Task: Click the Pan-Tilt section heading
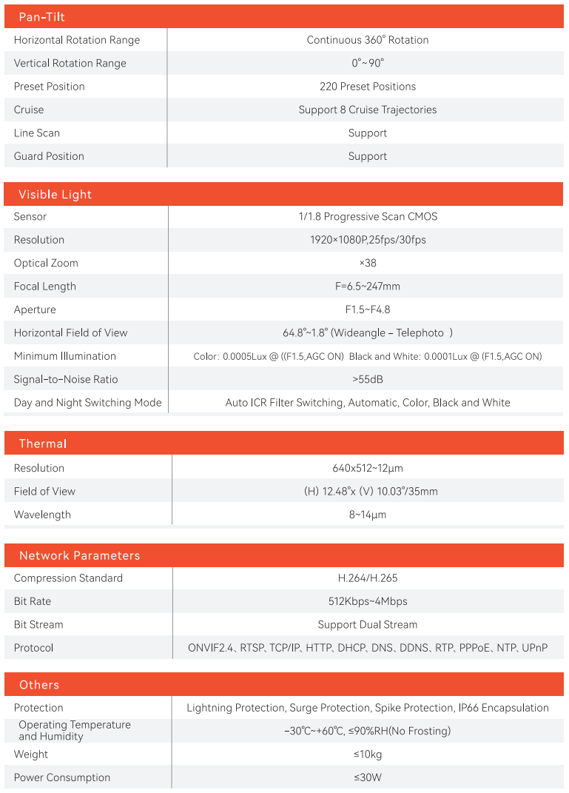coord(41,17)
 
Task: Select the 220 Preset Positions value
coord(368,87)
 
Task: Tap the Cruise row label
coord(29,110)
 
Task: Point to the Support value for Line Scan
coord(368,133)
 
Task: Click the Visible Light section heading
coord(55,195)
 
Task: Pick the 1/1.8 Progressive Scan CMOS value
coord(368,217)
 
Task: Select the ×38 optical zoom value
coord(368,263)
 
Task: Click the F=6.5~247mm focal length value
coord(368,287)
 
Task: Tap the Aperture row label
coord(35,309)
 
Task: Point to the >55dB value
coord(368,379)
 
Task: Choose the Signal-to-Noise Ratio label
coord(66,379)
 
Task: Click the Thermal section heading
coord(43,444)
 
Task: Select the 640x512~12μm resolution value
coord(368,468)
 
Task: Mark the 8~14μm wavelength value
coord(368,515)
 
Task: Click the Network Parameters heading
coord(79,555)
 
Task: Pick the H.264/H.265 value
coord(368,578)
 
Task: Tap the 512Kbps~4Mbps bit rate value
coord(368,601)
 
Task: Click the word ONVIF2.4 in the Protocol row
coord(211,648)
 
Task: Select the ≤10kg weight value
coord(368,754)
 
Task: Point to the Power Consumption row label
coord(62,777)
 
